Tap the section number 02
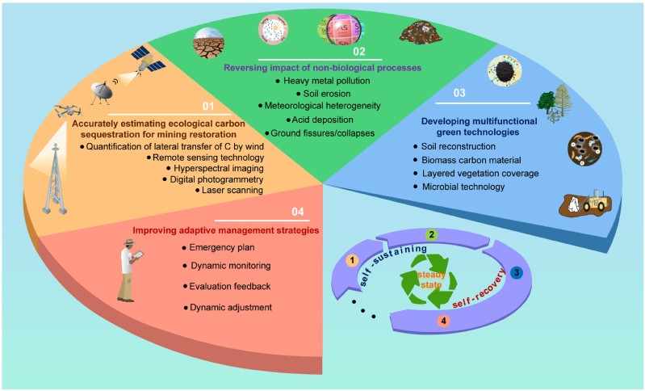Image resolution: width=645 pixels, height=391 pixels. point(359,51)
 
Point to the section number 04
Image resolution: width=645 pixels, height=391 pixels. point(296,212)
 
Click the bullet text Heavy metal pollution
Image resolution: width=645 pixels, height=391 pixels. point(323,82)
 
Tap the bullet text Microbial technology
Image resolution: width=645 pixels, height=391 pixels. point(463,187)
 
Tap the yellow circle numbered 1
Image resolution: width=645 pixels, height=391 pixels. point(351,261)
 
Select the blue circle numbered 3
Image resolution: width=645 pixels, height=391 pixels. point(516,273)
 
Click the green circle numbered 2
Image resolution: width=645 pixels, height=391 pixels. point(432,235)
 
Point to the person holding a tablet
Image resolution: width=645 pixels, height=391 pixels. point(129,270)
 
